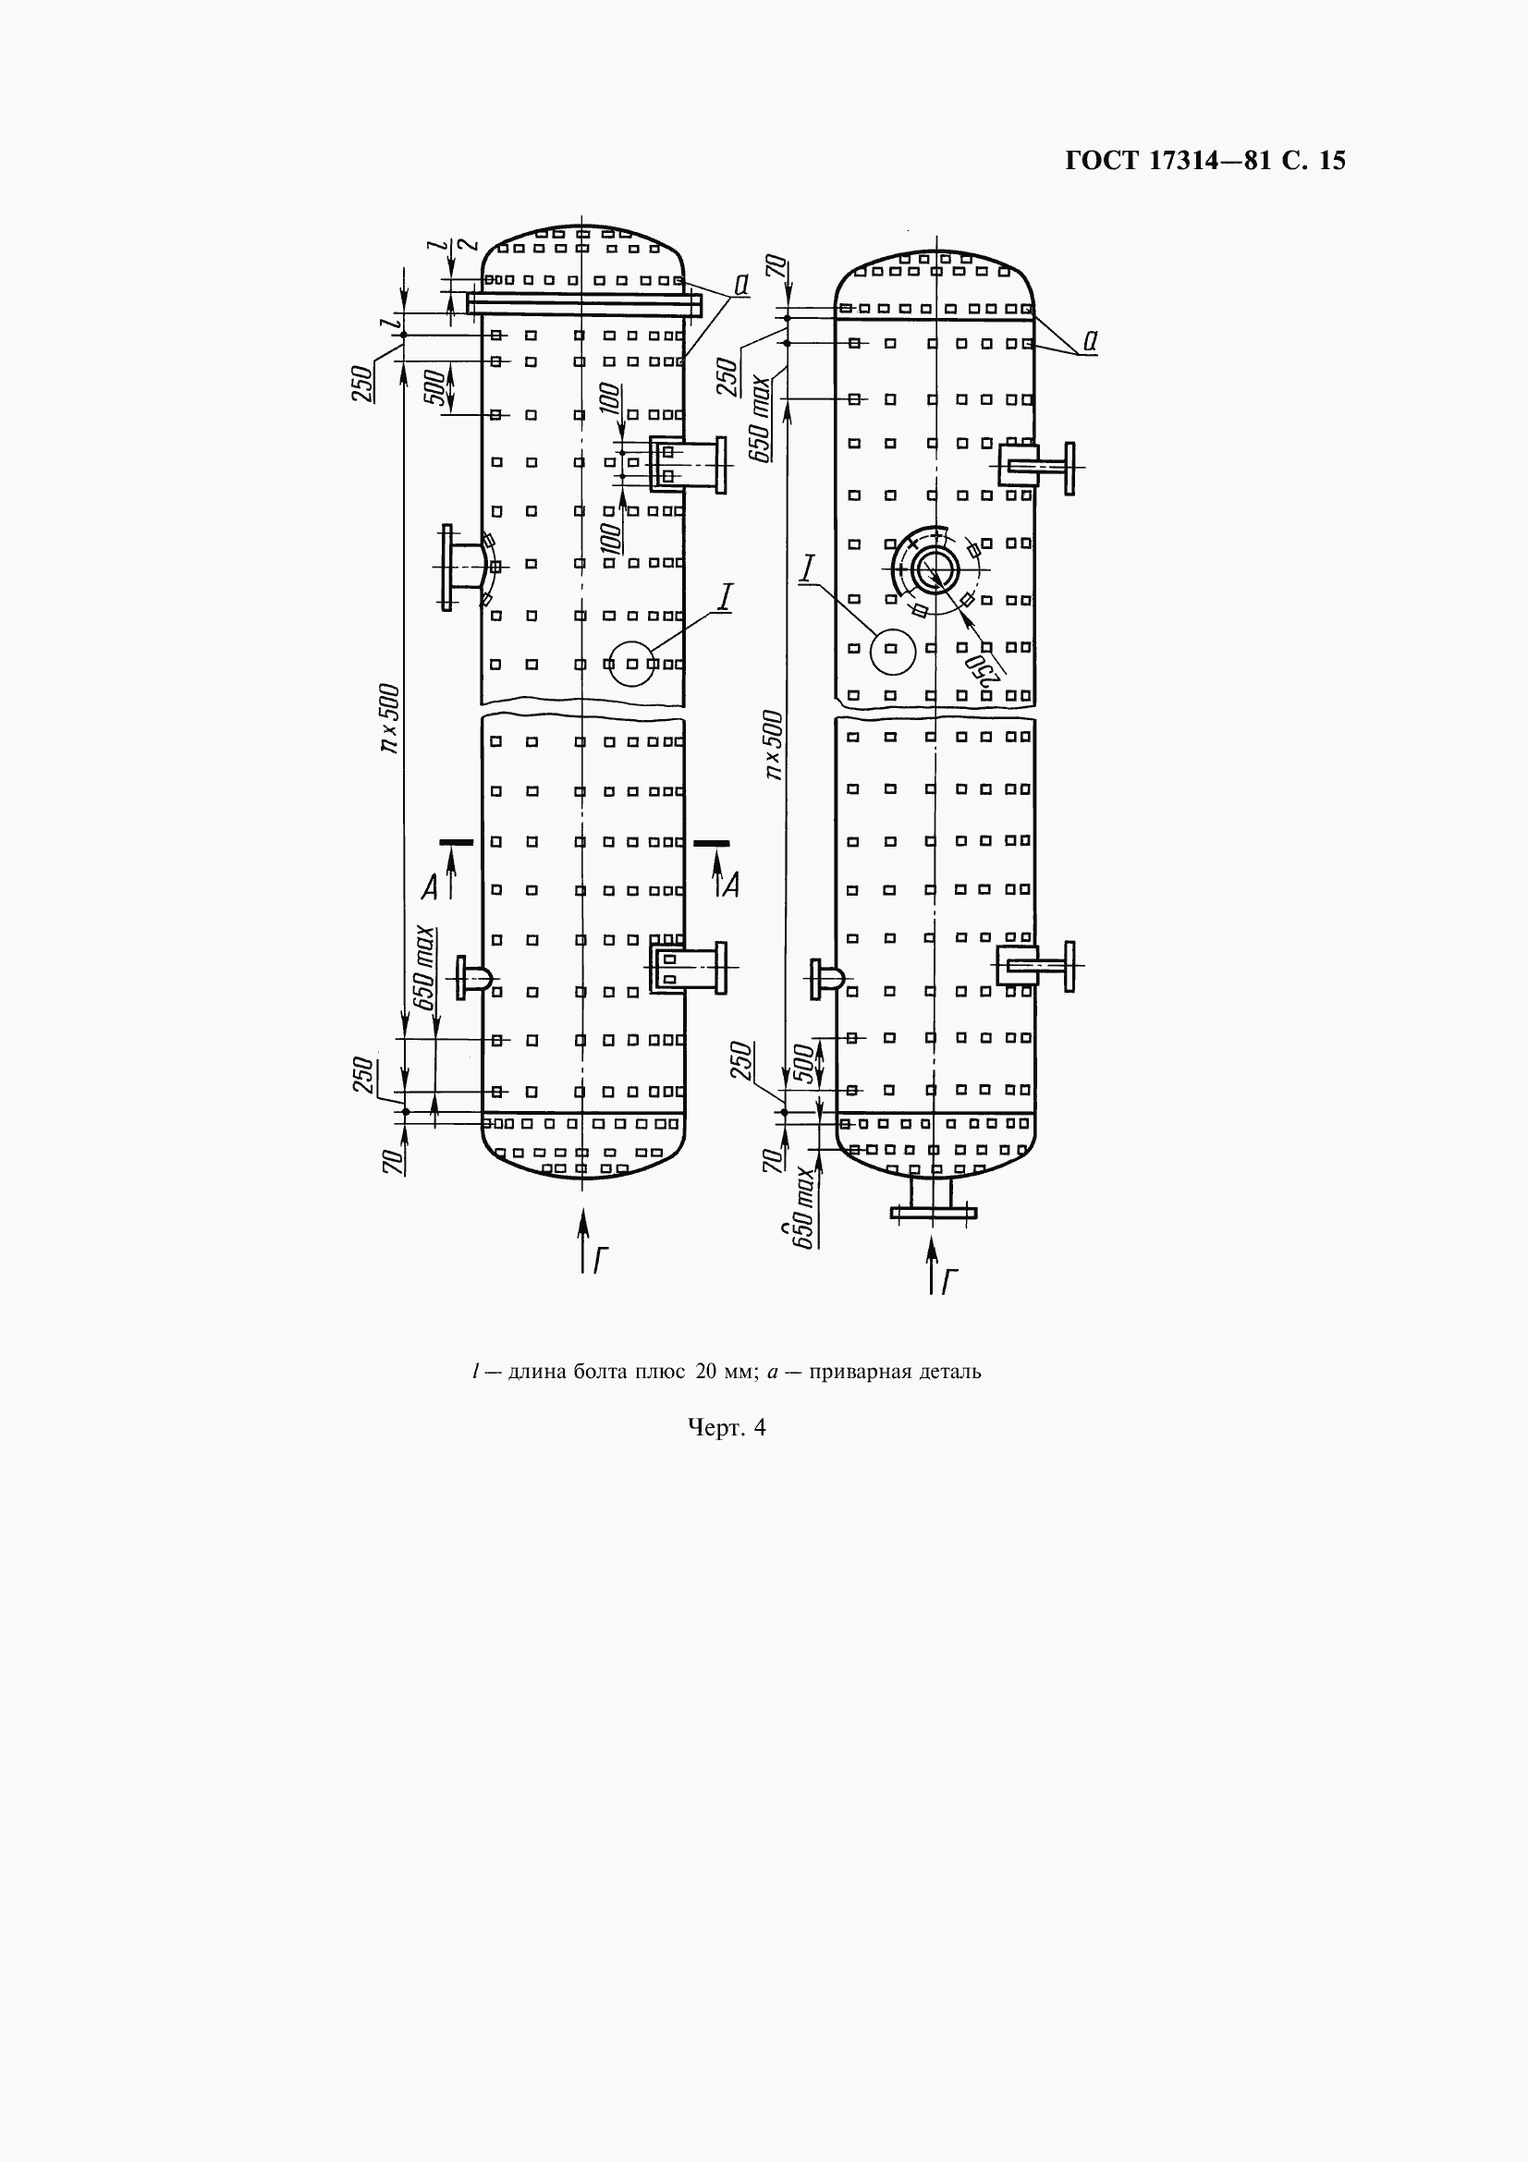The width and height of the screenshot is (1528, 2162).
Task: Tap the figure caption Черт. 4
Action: (x=727, y=1428)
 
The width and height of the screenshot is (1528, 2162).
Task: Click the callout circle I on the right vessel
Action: (x=893, y=650)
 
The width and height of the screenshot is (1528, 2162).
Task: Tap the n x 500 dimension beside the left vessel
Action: (x=390, y=719)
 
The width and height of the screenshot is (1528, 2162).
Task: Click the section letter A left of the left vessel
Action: (x=429, y=886)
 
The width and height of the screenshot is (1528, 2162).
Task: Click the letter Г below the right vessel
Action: (x=950, y=1279)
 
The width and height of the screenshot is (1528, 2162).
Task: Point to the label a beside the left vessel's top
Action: (x=741, y=285)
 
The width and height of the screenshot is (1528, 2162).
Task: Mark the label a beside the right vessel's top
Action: (x=1089, y=342)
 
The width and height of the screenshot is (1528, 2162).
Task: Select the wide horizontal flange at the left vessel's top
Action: (x=584, y=304)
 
